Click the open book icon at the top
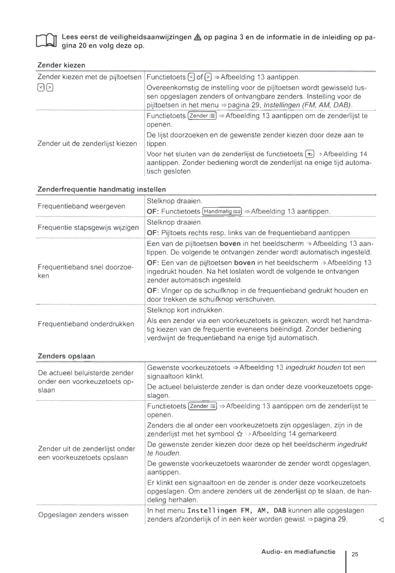tap(46, 41)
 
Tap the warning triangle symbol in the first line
tap(197, 37)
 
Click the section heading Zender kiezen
tap(61, 65)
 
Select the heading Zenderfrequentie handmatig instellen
tap(101, 189)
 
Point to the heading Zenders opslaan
tap(66, 356)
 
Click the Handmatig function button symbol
tap(222, 211)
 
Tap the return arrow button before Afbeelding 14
tap(310, 154)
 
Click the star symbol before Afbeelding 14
tap(239, 434)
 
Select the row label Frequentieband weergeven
tap(81, 206)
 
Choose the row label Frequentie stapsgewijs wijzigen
tap(88, 228)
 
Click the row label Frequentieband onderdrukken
tap(86, 324)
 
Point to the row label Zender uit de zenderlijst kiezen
tap(87, 143)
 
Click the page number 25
tap(355, 554)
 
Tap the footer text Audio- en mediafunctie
tap(298, 552)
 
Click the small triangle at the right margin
tap(381, 520)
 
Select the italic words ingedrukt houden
tap(313, 368)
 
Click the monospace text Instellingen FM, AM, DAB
tap(237, 511)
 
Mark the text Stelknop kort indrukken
tap(185, 310)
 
